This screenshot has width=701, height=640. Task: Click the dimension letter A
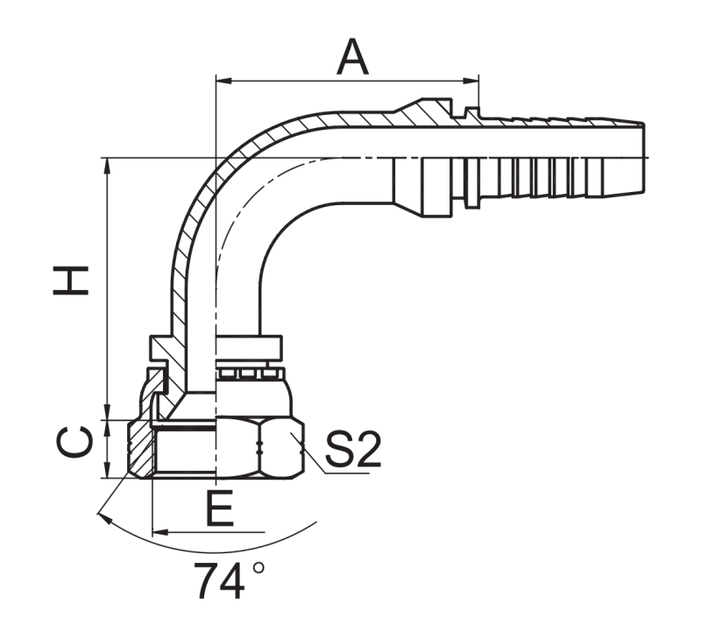point(353,57)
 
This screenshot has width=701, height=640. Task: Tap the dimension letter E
point(220,508)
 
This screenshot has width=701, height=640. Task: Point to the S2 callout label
point(353,450)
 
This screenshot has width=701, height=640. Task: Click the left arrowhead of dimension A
point(224,81)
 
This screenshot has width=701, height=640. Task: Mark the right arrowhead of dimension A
point(471,81)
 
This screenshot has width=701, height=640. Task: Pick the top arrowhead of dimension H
point(107,167)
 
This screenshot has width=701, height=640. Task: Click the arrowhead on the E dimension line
point(160,532)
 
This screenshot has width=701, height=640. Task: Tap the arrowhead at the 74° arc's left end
point(103,518)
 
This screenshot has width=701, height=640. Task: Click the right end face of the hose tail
point(644,158)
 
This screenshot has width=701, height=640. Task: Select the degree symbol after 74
point(258,568)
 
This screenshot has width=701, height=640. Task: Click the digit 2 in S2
point(367,450)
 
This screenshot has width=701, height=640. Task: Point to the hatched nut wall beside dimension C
point(140,450)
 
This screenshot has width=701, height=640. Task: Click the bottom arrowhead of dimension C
point(107,470)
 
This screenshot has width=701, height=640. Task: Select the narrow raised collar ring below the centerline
point(471,182)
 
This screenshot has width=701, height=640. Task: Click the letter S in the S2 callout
point(338,450)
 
